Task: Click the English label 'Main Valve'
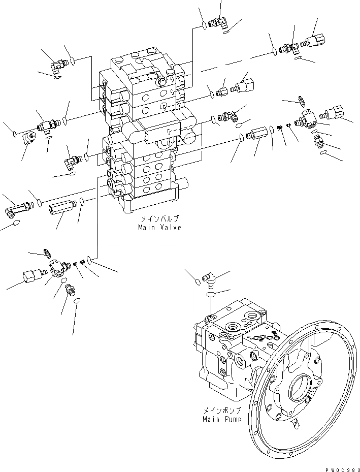[159, 228]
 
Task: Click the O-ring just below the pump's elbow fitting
[211, 294]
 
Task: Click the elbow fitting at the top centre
[219, 22]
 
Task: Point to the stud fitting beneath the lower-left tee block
[71, 290]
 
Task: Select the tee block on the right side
[306, 118]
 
